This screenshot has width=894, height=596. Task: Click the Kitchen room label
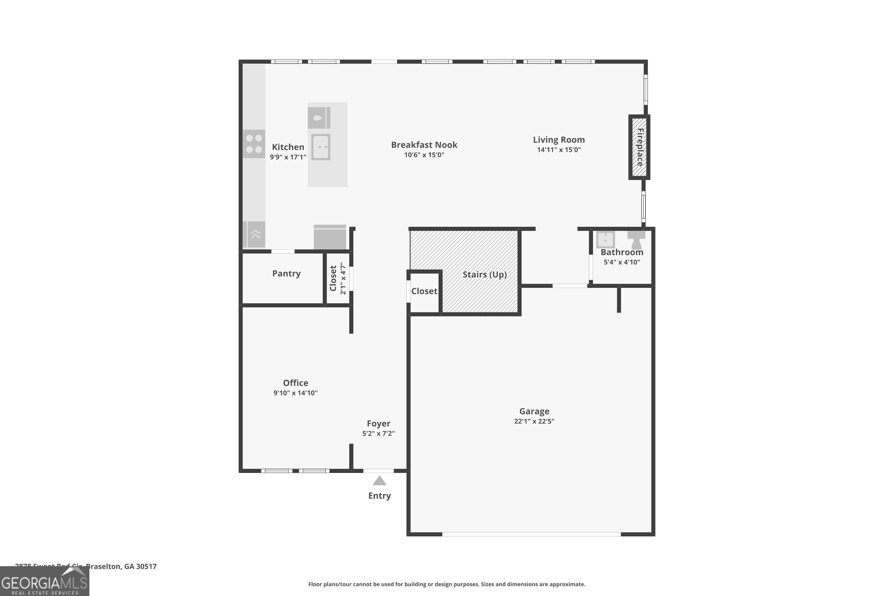(288, 147)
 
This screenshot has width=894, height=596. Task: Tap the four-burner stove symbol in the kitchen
(254, 144)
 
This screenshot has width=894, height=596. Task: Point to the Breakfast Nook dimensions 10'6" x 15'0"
(424, 155)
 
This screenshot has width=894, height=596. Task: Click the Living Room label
(558, 140)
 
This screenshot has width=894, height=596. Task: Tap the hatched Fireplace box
(639, 147)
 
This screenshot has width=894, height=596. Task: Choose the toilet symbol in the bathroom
(636, 240)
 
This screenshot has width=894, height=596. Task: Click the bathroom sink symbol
(605, 240)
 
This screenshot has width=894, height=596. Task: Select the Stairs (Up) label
(484, 274)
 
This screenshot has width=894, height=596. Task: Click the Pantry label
(286, 274)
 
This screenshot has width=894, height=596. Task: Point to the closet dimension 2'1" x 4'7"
(343, 278)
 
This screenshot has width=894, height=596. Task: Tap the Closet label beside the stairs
(424, 291)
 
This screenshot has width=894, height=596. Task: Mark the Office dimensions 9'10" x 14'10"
(295, 393)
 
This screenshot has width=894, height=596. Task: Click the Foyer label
(378, 423)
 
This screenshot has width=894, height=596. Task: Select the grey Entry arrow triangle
(379, 482)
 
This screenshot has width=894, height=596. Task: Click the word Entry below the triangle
(379, 496)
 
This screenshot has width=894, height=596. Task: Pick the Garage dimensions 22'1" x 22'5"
(534, 421)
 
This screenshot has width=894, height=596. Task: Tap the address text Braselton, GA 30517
(121, 566)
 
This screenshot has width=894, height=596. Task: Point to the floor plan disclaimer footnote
(447, 584)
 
